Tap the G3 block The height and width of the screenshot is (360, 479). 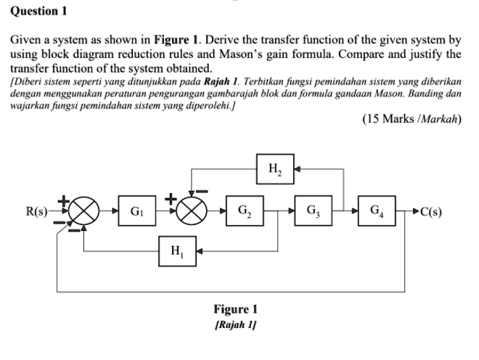[311, 212]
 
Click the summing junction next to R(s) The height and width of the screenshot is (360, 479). [84, 213]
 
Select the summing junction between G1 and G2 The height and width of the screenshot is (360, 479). [192, 213]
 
